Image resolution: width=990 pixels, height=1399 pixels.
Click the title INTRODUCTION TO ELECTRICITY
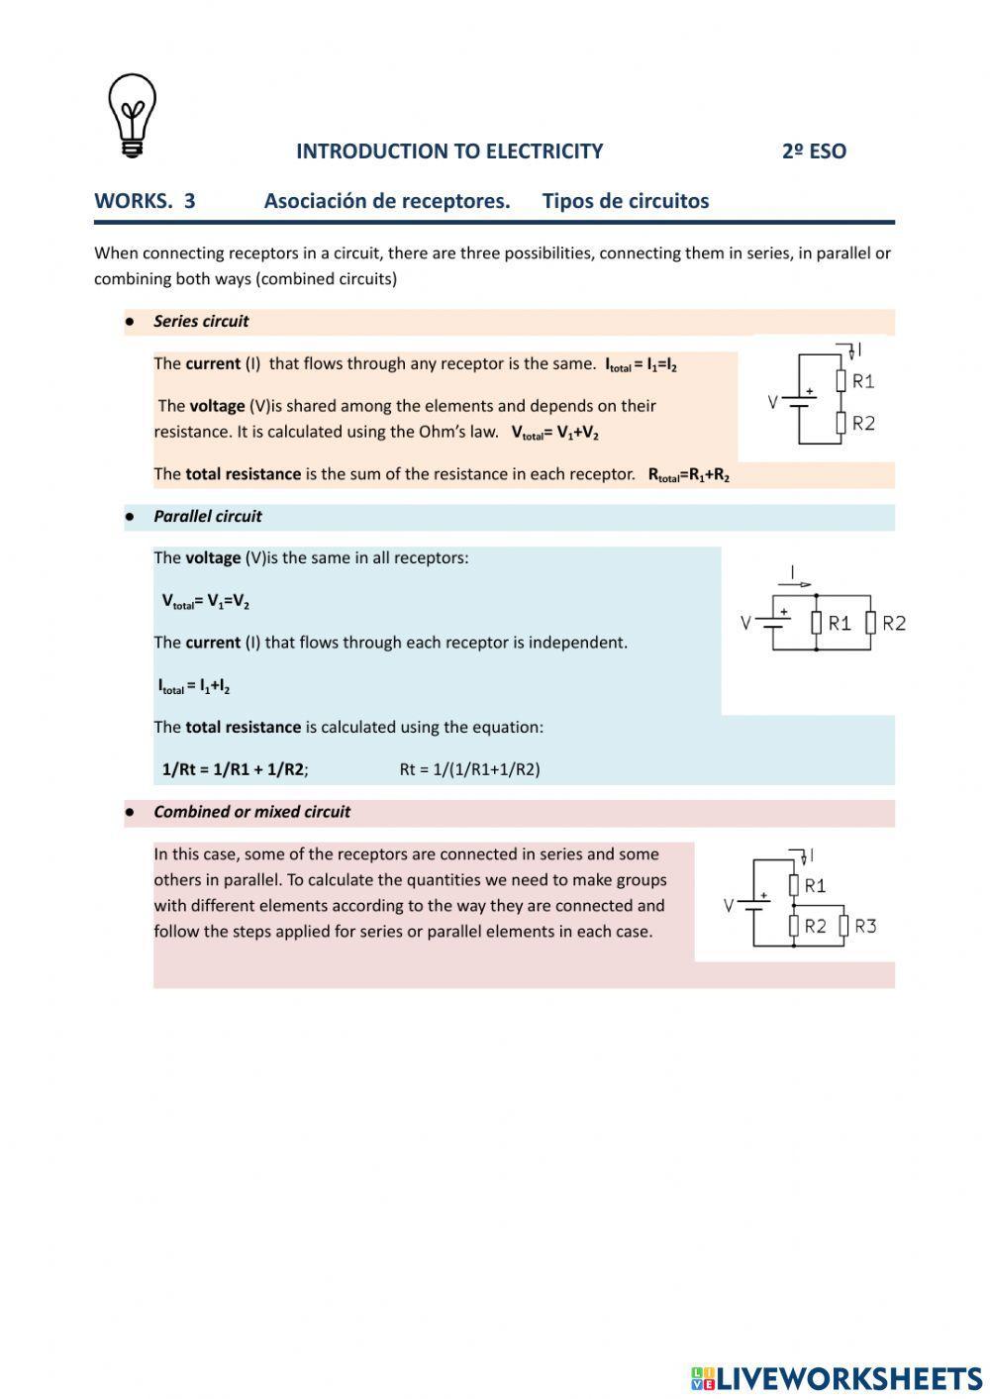click(x=448, y=151)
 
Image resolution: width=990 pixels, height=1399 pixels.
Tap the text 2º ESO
click(x=814, y=151)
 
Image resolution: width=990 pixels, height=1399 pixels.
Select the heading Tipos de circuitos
click(x=625, y=201)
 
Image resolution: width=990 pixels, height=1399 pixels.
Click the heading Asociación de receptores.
click(x=387, y=201)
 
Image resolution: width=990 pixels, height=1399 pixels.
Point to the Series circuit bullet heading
click(x=201, y=321)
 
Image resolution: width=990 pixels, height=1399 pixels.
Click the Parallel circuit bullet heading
click(x=207, y=516)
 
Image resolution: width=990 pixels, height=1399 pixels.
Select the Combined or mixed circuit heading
click(x=251, y=812)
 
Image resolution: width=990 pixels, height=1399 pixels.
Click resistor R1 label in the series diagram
click(x=863, y=381)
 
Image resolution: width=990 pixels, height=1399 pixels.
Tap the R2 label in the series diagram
click(x=863, y=423)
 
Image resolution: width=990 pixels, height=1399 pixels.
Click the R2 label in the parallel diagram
click(x=894, y=623)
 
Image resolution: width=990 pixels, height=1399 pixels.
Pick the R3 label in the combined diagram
click(x=865, y=926)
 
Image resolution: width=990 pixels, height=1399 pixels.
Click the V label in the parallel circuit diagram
click(x=746, y=623)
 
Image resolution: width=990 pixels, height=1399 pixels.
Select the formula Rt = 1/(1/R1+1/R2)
click(x=469, y=769)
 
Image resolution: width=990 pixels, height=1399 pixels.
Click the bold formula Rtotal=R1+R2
click(x=688, y=475)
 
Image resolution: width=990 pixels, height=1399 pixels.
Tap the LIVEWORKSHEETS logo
click(x=837, y=1377)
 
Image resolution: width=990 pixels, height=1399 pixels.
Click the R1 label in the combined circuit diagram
click(x=815, y=885)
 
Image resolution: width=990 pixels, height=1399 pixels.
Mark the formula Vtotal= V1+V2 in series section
click(x=554, y=433)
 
